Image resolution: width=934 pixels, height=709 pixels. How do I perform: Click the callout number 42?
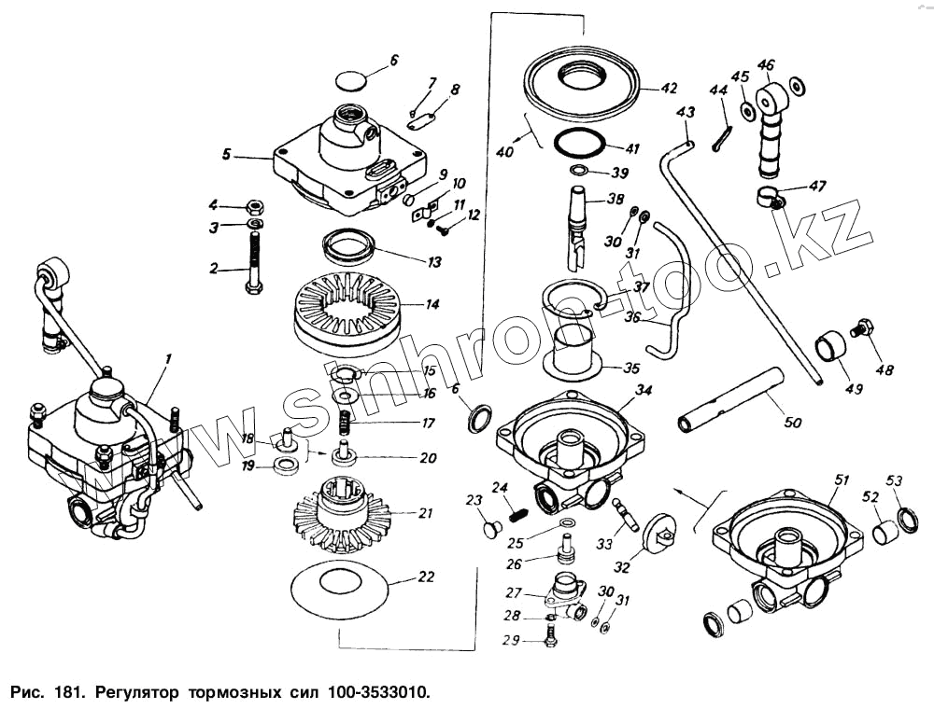point(668,89)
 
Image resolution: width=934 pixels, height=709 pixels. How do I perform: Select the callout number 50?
point(792,424)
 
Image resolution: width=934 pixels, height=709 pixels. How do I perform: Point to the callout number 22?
point(426,577)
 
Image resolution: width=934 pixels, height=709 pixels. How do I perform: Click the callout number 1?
point(168,359)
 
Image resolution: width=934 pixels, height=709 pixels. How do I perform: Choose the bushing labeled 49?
point(830,348)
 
